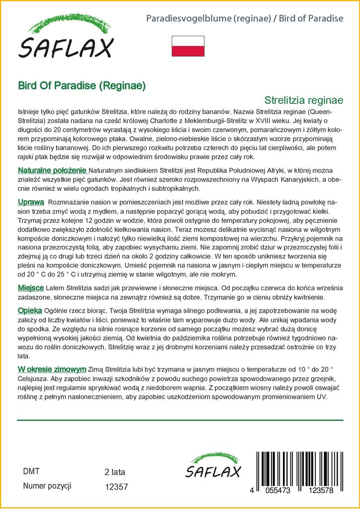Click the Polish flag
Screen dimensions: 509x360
pos(188,46)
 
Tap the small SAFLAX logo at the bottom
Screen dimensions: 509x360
pos(213,467)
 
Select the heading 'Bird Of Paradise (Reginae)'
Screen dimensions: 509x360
pos(82,85)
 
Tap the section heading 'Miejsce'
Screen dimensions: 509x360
pos(31,288)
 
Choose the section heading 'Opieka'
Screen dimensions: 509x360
pos(30,310)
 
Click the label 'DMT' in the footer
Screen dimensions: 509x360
pos(31,472)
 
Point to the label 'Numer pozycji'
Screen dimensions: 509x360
pos(47,486)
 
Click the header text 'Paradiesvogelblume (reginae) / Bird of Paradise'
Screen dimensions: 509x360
pos(245,19)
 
